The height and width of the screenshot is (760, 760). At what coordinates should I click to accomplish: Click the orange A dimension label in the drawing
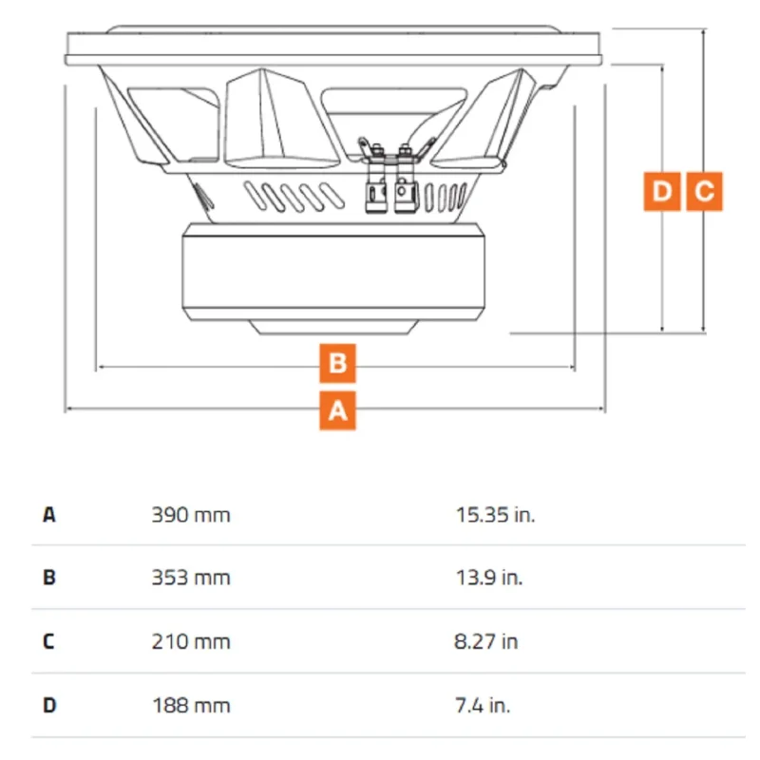[338, 411]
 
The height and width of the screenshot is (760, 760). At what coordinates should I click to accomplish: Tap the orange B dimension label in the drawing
[338, 363]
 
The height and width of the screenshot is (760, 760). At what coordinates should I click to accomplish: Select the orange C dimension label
[704, 192]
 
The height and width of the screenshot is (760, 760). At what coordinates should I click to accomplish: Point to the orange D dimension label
[662, 192]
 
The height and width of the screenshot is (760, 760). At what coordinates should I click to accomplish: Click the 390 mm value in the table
[191, 515]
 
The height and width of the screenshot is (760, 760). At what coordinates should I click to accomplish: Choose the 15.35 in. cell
[495, 515]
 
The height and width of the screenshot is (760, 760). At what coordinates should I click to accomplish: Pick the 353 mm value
[191, 578]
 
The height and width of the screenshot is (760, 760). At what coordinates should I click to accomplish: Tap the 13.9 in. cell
[489, 578]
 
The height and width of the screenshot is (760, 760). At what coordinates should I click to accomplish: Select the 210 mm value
[191, 642]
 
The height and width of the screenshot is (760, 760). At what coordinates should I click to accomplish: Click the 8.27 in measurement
[486, 642]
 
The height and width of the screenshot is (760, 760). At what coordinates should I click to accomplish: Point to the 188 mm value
[191, 706]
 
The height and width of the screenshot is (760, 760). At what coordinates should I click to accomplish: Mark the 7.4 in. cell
[483, 706]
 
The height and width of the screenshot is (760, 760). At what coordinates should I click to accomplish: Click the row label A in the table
[49, 515]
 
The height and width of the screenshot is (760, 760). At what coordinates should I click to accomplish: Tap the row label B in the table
[49, 578]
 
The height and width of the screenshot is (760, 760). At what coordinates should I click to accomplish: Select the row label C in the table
[49, 642]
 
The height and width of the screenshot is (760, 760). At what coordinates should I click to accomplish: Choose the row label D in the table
[49, 706]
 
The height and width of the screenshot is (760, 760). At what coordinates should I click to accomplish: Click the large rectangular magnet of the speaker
[333, 272]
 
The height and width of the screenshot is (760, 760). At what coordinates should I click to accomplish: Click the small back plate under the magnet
[334, 327]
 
